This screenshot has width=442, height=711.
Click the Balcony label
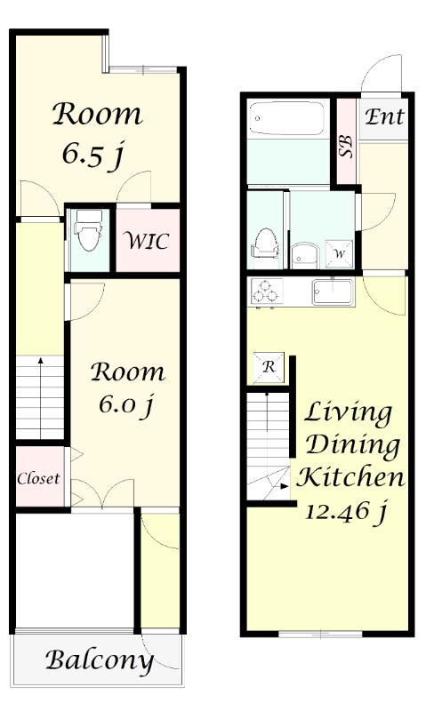(x=99, y=660)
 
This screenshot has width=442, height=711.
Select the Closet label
(x=38, y=478)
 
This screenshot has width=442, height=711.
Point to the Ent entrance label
(x=384, y=116)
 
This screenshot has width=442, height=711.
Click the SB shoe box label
(x=346, y=147)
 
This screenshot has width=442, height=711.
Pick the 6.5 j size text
(x=93, y=155)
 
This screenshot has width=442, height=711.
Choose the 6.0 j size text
(x=126, y=404)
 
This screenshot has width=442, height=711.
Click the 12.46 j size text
(x=346, y=513)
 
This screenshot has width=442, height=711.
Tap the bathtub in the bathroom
(x=286, y=118)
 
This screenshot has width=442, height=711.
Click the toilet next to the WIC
(x=88, y=230)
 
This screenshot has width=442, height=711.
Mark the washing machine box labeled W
(x=340, y=254)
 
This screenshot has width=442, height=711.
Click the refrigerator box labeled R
(x=269, y=367)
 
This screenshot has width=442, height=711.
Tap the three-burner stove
(x=267, y=292)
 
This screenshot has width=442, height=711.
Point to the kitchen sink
(x=333, y=292)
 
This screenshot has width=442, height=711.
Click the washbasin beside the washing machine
(x=305, y=256)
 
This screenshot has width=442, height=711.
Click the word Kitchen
(x=350, y=477)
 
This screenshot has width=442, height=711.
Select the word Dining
(x=352, y=445)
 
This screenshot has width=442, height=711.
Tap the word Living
(x=348, y=413)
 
